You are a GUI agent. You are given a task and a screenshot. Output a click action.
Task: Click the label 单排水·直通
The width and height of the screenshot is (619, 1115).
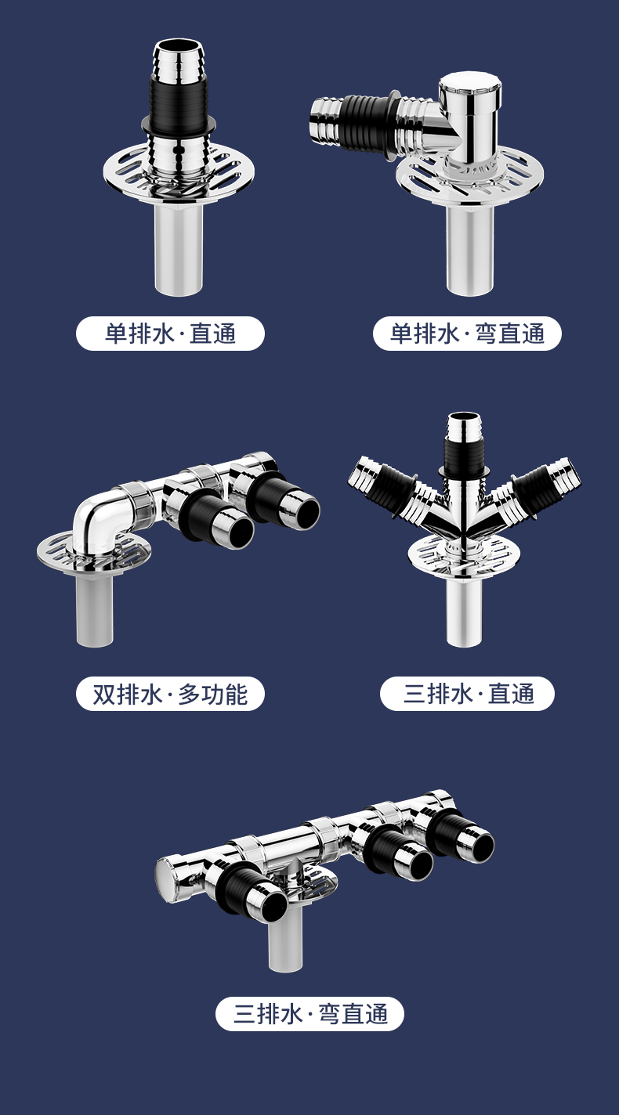click(x=170, y=334)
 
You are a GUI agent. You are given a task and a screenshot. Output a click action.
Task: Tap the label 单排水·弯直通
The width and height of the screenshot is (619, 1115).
click(x=467, y=334)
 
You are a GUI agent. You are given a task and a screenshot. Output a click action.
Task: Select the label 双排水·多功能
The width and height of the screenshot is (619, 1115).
click(x=170, y=694)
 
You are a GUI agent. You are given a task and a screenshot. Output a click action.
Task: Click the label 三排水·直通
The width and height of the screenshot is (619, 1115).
click(x=467, y=694)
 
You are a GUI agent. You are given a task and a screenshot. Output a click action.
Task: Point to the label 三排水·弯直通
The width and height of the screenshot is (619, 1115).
click(x=309, y=1014)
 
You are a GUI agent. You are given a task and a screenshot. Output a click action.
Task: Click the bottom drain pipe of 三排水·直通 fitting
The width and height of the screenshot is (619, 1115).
click(x=464, y=613)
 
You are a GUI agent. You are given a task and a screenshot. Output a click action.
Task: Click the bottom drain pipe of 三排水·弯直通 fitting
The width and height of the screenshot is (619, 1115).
click(x=285, y=941)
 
